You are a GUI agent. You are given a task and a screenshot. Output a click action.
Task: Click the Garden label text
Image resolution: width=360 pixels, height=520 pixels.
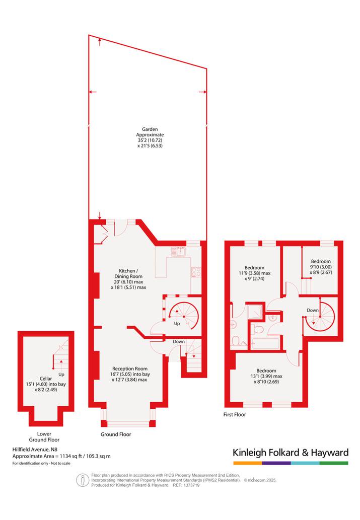coord(150,137)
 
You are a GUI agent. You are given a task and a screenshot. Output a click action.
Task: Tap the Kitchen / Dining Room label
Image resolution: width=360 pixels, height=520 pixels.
coord(128,279)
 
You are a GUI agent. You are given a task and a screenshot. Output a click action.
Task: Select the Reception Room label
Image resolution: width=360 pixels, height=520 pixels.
coord(130,374)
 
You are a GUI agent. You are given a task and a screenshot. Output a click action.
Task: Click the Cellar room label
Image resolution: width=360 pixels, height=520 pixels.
coord(46,384)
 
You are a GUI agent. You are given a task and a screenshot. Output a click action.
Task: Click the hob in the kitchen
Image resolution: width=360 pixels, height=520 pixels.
coord(196,272)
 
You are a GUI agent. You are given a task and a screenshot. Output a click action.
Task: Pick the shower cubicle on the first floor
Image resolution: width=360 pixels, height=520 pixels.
coord(255,312)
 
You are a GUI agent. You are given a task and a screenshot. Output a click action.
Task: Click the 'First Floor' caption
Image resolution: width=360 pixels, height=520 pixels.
coord(235,415)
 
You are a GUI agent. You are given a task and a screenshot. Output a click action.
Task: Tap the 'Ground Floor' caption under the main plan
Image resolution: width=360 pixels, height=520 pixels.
coord(116,434)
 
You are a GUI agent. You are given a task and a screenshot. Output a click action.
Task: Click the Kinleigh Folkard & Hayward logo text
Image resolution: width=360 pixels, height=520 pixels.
coord(291,453)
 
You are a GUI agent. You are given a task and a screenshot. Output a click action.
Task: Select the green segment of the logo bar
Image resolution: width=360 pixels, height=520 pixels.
coord(334,463)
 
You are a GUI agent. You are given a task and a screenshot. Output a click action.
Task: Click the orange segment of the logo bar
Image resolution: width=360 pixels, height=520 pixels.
coord(248,463)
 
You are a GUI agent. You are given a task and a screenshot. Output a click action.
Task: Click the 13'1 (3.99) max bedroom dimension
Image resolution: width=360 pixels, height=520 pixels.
coord(266,376)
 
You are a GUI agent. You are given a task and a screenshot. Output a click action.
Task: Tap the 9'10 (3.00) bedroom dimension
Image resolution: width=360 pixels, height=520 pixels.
coord(321,267)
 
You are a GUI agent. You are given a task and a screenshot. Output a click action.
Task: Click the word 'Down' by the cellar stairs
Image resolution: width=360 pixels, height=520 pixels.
coord(179,342)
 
